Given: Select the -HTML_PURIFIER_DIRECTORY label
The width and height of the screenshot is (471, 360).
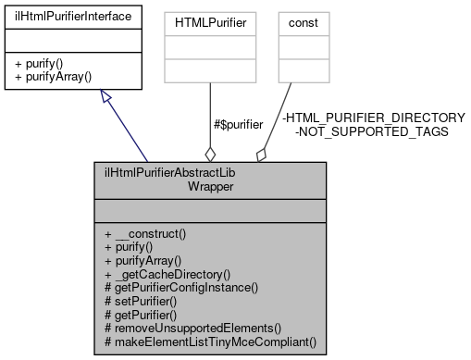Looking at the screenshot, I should (x=374, y=118).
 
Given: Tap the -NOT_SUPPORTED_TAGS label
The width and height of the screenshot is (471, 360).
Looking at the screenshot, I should (x=371, y=131).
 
